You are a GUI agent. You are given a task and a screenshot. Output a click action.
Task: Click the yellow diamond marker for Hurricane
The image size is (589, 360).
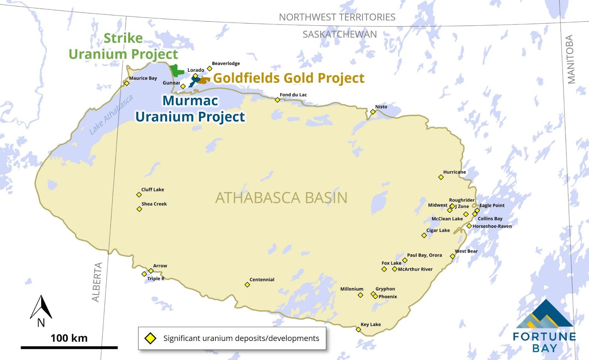(x=441, y=177)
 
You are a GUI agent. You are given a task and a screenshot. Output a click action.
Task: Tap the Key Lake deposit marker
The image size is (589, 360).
(x=358, y=329)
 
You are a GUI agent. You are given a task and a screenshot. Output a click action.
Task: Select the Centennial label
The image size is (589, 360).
(x=262, y=279)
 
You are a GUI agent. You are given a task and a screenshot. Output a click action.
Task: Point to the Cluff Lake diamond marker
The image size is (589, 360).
(x=139, y=195)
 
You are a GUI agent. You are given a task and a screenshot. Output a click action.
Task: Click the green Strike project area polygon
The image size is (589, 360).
(x=176, y=70)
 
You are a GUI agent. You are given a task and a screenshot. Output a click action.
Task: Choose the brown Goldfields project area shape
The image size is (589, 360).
(x=204, y=80)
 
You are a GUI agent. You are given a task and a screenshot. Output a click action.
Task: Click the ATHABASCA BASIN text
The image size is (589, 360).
(x=281, y=198)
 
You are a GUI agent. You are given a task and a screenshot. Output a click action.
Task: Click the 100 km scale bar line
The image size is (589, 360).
(x=69, y=347)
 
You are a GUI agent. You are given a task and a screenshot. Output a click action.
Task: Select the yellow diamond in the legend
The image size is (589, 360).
(x=150, y=338)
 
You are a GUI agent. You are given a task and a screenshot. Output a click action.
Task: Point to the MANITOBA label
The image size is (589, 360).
(x=570, y=59)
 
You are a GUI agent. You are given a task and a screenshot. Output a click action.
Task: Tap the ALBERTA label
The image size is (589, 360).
(x=96, y=282)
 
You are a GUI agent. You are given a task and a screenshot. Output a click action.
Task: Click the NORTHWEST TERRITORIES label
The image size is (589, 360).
(x=337, y=17)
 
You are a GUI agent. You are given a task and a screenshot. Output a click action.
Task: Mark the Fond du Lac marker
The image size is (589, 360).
(x=278, y=100)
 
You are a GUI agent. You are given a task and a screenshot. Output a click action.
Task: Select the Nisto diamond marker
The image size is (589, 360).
(x=373, y=112)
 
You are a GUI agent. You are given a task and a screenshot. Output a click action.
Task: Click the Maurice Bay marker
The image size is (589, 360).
(x=127, y=83)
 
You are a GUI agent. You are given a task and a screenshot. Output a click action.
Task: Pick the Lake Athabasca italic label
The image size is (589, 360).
(x=111, y=114)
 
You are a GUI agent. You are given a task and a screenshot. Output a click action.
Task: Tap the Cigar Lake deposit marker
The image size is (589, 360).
(x=424, y=235)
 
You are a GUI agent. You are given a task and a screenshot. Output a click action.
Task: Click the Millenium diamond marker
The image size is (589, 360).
(x=360, y=295)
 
